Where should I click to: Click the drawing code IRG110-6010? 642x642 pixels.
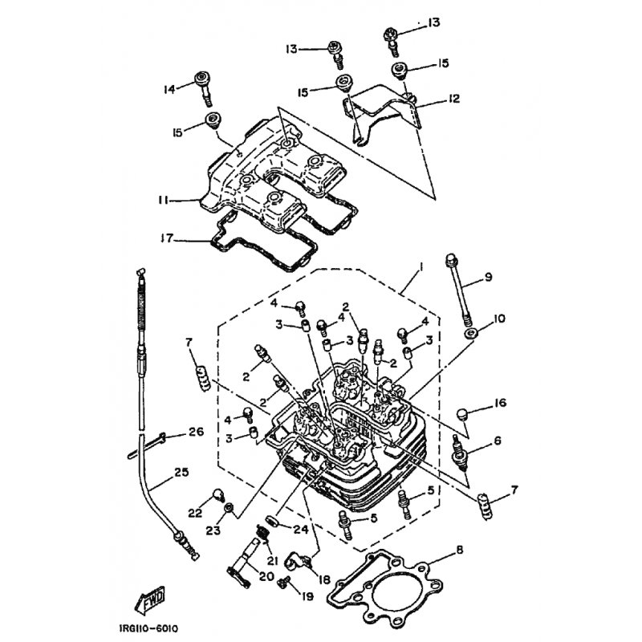(149, 628)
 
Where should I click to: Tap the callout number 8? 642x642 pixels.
(459, 550)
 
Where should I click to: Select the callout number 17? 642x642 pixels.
(168, 238)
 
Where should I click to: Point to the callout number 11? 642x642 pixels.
(164, 201)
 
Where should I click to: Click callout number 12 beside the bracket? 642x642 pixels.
(453, 99)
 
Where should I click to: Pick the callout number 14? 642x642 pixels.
(169, 89)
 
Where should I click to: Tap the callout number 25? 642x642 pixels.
(181, 472)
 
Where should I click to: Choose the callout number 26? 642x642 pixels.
(196, 432)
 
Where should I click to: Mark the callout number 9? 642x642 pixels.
(488, 277)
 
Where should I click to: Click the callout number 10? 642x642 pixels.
(499, 318)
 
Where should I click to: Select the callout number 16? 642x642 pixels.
(500, 403)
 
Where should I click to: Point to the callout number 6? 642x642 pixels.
(497, 441)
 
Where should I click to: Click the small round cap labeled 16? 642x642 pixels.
(462, 414)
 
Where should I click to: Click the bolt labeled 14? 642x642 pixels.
(204, 87)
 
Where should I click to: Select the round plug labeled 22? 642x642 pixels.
(217, 495)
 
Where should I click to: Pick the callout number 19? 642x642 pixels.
(307, 596)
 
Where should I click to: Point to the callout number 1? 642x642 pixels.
(421, 266)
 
